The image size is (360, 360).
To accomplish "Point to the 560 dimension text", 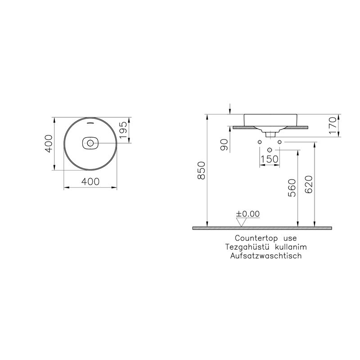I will pyautogui.click(x=292, y=188).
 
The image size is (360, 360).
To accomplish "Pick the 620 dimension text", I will pyautogui.click(x=309, y=184).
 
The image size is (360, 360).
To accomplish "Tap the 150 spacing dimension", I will pyautogui.click(x=269, y=159).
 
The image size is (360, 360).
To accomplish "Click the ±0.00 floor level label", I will pyautogui.click(x=248, y=214).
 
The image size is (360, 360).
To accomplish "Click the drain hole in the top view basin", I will pyautogui.click(x=90, y=144).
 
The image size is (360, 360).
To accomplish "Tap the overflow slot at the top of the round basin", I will pyautogui.click(x=90, y=122).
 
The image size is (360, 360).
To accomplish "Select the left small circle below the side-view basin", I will pyautogui.click(x=260, y=142).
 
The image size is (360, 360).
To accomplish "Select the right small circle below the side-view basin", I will pyautogui.click(x=279, y=142).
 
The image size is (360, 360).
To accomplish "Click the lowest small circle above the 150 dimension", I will pyautogui.click(x=270, y=149).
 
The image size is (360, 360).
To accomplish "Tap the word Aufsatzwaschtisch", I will pyautogui.click(x=265, y=255).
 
